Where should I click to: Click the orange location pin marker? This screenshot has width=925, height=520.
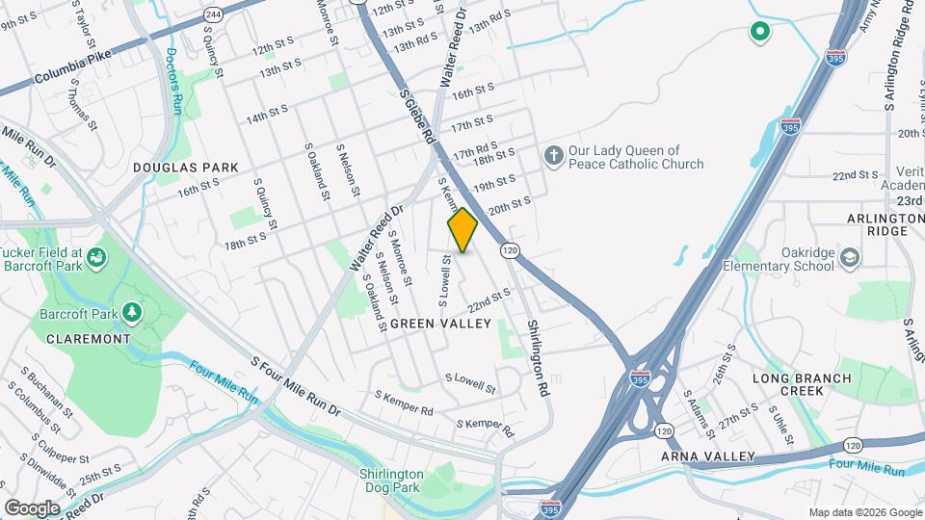pyautogui.click(x=462, y=230)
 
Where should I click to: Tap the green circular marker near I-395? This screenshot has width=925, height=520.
pyautogui.click(x=759, y=33)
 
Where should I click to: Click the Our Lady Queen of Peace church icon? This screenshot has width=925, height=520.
pyautogui.click(x=553, y=155)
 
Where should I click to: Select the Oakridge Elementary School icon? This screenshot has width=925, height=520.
pyautogui.click(x=849, y=257)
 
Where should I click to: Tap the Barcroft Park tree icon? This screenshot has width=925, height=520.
pyautogui.click(x=130, y=313)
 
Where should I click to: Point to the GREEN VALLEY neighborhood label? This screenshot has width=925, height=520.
pyautogui.click(x=440, y=325)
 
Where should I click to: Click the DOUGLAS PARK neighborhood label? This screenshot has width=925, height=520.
pyautogui.click(x=185, y=168)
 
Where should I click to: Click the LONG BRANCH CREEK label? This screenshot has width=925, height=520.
pyautogui.click(x=802, y=385)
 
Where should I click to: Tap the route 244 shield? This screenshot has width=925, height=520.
pyautogui.click(x=213, y=13)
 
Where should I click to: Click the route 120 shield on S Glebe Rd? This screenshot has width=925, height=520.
pyautogui.click(x=510, y=249)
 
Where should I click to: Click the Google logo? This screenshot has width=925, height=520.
pyautogui.click(x=31, y=507)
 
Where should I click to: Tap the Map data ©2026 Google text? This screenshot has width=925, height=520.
pyautogui.click(x=864, y=511)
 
